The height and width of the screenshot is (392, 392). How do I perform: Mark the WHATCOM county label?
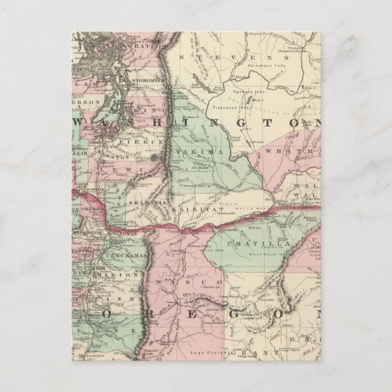(144, 45)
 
